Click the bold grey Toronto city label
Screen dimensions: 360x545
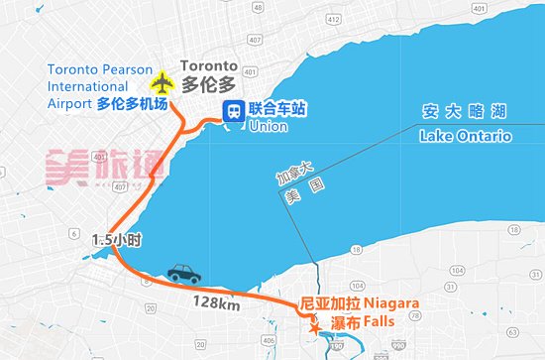pyautogui.click(x=210, y=66)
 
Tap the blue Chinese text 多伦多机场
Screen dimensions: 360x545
pyautogui.click(x=132, y=103)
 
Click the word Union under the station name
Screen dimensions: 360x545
pyautogui.click(x=268, y=127)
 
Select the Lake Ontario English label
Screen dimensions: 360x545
pyautogui.click(x=464, y=136)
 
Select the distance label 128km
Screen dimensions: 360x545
pyautogui.click(x=216, y=302)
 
